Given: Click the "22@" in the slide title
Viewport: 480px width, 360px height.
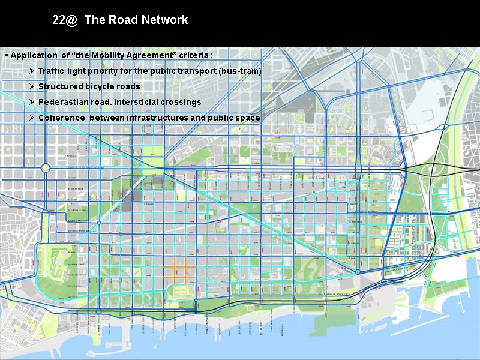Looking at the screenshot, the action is [x=65, y=20].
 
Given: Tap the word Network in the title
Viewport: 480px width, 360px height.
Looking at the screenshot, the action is [x=165, y=20].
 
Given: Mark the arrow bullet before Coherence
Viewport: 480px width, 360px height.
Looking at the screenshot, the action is [x=32, y=118].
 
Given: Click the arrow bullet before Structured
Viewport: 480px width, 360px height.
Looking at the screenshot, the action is [x=32, y=86].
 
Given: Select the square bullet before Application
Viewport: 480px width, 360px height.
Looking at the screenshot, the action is [x=7, y=56].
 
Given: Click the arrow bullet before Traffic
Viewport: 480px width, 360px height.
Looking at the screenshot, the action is [x=32, y=71].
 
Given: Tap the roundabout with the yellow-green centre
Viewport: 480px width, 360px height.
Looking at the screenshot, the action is [x=46, y=168].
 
